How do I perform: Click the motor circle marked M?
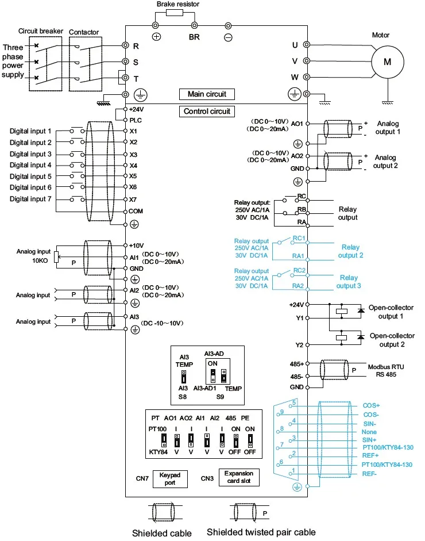pos(387,61)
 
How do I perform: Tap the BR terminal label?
pos(194,37)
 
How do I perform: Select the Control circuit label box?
pos(207,111)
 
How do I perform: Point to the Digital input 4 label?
pos(30,165)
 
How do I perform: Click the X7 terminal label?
pos(133,199)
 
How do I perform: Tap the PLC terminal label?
pos(136,120)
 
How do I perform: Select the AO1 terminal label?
pos(297,124)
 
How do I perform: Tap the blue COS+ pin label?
pos(372,405)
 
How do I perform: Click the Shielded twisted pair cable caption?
pos(261,532)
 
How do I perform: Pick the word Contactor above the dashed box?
pos(84,32)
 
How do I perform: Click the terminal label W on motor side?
pos(295,77)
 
